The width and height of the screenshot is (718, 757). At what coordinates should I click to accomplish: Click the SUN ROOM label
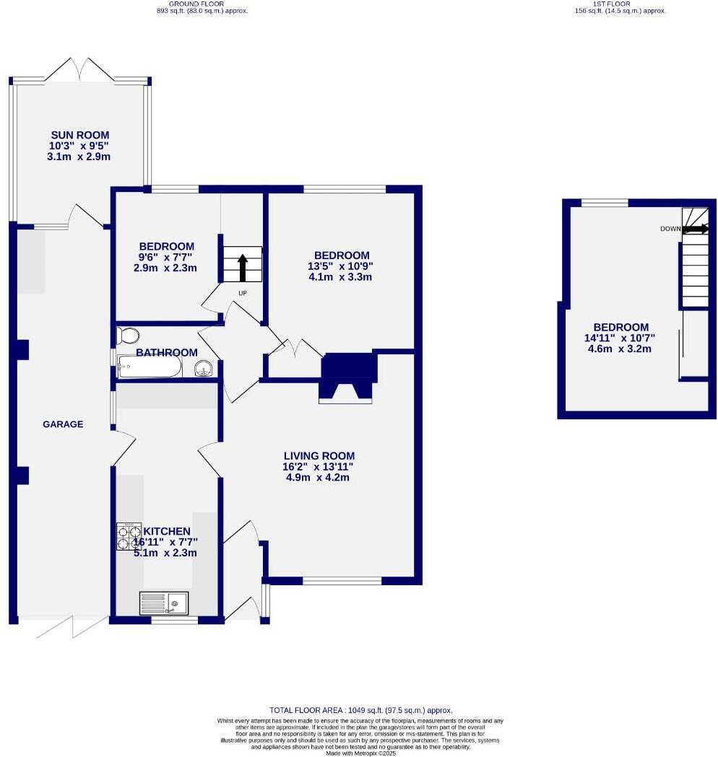[x=80, y=135]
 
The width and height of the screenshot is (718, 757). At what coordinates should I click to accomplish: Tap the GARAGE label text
[x=63, y=424]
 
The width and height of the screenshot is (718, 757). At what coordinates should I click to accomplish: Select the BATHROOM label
[x=167, y=352]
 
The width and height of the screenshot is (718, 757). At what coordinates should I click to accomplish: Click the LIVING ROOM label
[x=319, y=455]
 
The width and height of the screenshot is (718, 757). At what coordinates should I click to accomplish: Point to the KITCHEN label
[x=166, y=531]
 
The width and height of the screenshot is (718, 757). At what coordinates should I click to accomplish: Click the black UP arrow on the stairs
[x=243, y=267]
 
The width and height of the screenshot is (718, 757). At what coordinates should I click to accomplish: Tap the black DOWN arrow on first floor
[x=696, y=229]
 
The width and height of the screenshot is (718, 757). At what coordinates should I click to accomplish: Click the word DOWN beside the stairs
[x=670, y=229]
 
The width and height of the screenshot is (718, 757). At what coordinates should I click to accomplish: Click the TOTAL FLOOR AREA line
[x=360, y=710]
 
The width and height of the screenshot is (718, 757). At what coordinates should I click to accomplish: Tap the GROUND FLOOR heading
[x=202, y=4]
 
